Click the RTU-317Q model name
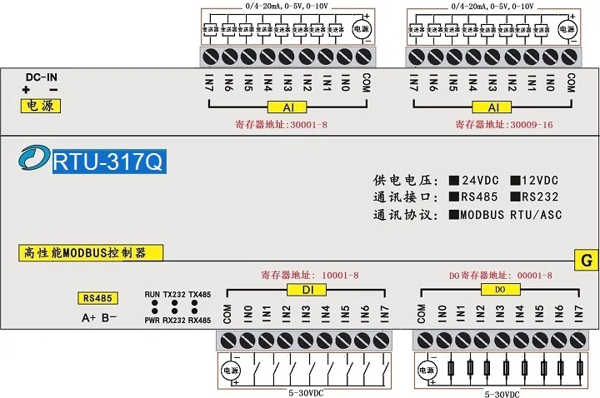(x=109, y=160)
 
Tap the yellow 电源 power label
(x=39, y=107)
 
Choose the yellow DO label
(x=500, y=289)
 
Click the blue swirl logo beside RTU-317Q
(x=36, y=158)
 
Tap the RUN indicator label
(x=152, y=296)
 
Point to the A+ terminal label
(x=87, y=317)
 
